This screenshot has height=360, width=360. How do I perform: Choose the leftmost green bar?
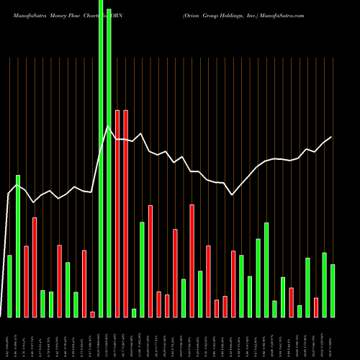pyautogui.click(x=10, y=286)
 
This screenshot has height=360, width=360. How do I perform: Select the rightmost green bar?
pyautogui.click(x=333, y=290)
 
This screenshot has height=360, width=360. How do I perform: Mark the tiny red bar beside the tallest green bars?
pyautogui.click(x=92, y=314)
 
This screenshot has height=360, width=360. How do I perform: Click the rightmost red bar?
pyautogui.click(x=316, y=307)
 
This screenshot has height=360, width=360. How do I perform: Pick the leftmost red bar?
pyautogui.click(x=27, y=281)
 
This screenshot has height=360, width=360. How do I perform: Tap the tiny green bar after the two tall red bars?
pyautogui.click(x=134, y=312)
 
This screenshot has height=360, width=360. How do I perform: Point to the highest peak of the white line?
pyautogui.click(x=108, y=127)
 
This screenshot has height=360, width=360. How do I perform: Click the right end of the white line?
pyautogui.click(x=331, y=137)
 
